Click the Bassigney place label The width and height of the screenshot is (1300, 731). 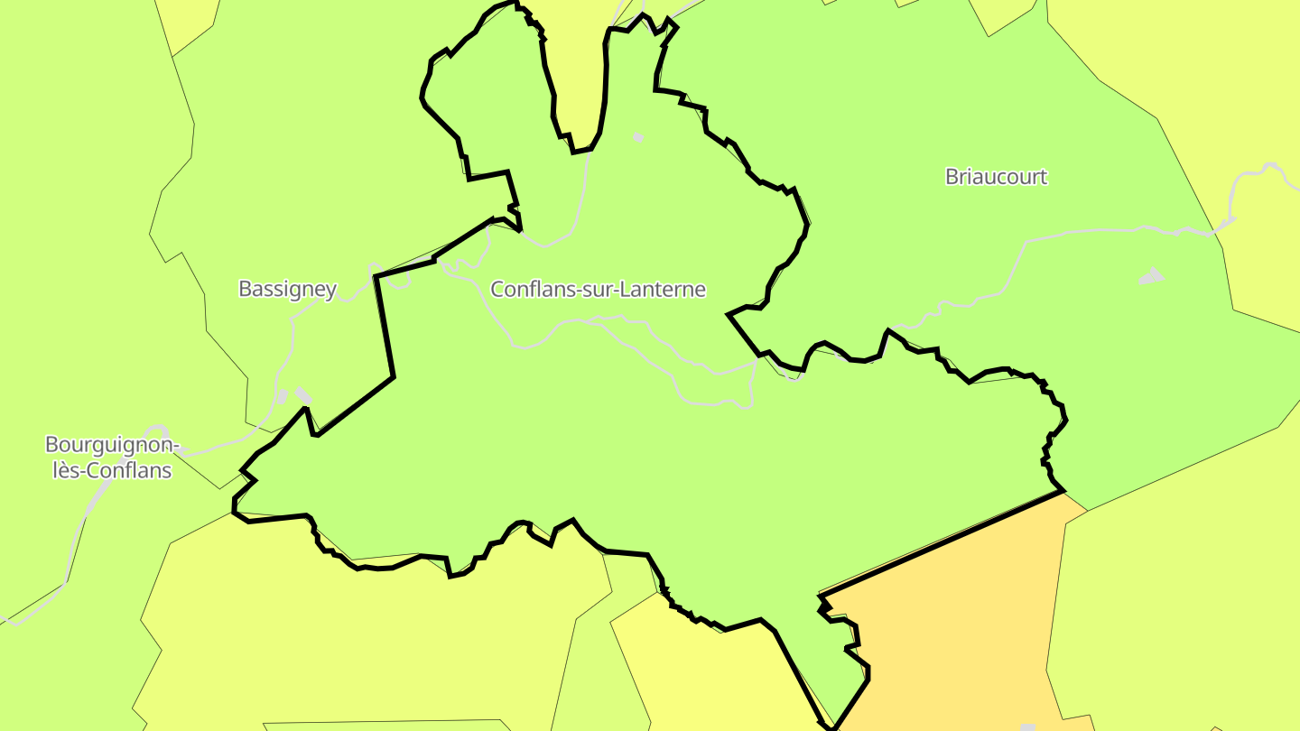tap(287, 290)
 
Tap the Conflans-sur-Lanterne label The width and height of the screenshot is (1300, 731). tap(598, 290)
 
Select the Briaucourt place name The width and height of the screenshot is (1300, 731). tap(996, 177)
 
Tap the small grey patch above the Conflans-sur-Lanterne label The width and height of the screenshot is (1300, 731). tap(638, 137)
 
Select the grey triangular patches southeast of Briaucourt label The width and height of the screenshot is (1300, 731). tap(1151, 276)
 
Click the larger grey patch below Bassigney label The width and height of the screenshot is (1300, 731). tap(304, 395)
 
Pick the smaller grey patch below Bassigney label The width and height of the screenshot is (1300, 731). tap(283, 397)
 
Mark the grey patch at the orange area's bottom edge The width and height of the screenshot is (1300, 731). tap(1027, 726)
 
